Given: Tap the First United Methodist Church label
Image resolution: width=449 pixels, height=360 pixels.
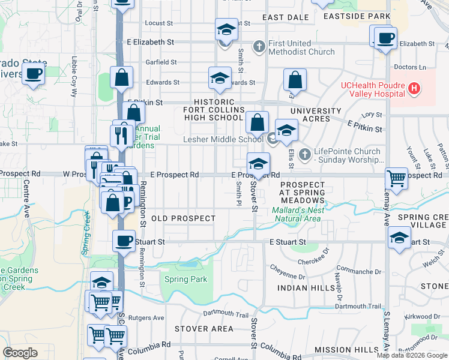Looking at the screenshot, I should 298,47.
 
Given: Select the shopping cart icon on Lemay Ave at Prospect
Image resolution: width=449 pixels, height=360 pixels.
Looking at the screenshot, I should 396,178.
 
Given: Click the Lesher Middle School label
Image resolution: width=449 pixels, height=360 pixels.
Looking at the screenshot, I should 223,140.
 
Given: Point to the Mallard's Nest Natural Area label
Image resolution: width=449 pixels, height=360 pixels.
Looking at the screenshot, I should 298,214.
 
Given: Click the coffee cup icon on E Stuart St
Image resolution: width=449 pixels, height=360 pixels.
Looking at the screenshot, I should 124,241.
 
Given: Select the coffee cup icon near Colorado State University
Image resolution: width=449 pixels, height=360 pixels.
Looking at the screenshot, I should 34,74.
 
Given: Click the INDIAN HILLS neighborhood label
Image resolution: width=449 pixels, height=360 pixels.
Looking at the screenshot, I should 301,289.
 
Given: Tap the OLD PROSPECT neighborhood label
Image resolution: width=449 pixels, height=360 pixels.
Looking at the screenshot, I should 183,218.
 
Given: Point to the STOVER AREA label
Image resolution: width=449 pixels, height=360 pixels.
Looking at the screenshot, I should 203,329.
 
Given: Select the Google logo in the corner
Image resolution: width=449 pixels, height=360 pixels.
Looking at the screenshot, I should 20,353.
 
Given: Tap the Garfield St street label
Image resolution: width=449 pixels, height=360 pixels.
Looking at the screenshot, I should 160,62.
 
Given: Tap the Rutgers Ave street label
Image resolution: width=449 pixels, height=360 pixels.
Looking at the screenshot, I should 150,318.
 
